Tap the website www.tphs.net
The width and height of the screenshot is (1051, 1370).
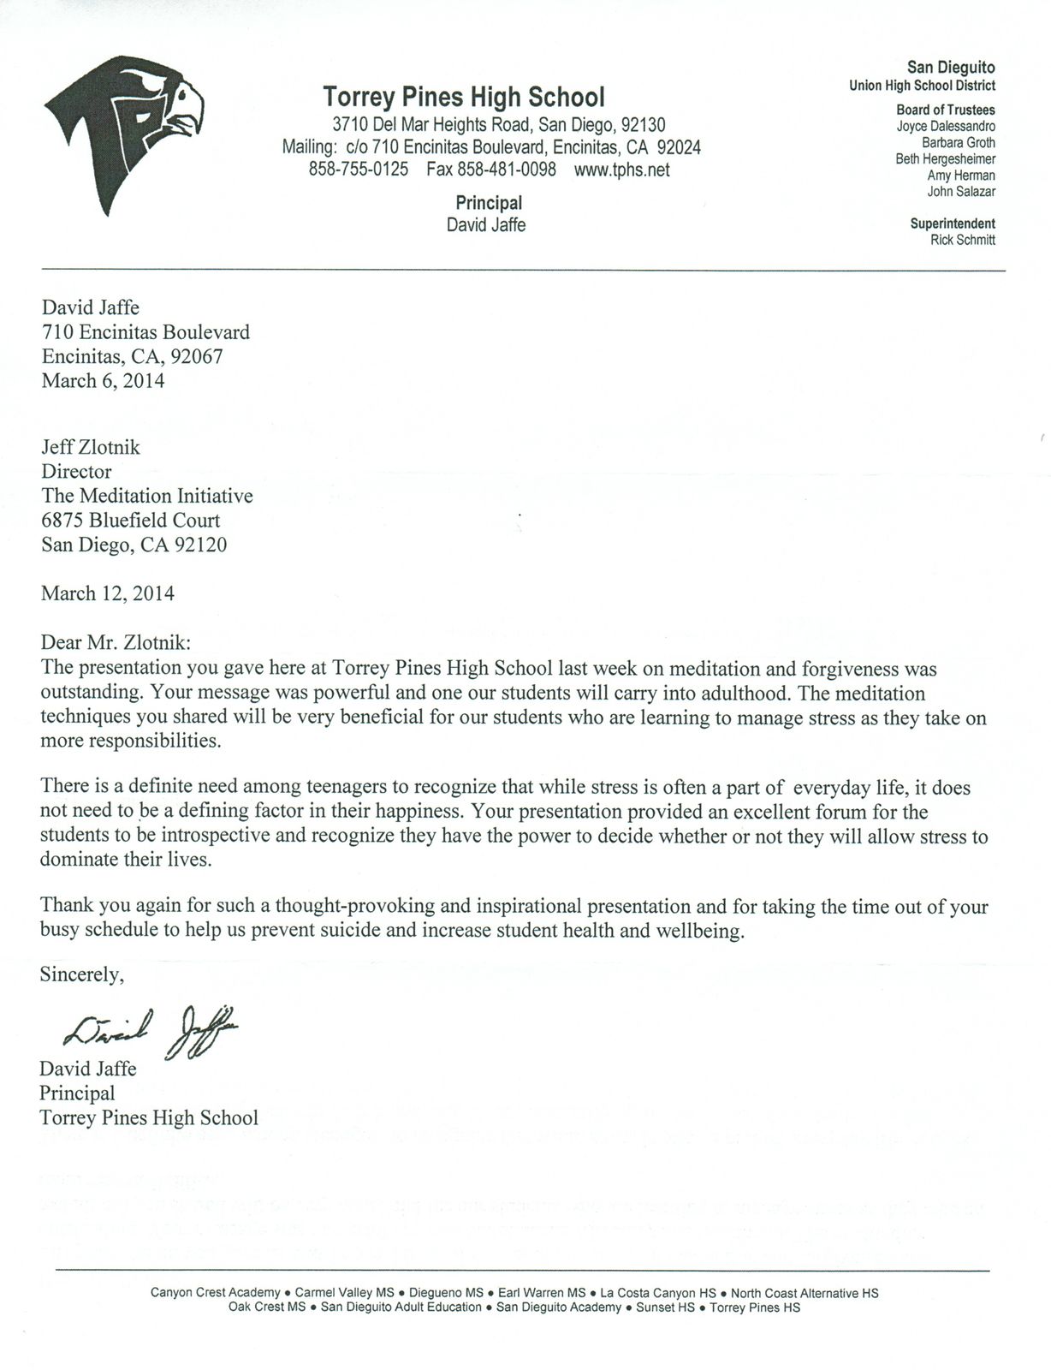(x=621, y=170)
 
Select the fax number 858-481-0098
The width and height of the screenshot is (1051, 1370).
(x=491, y=170)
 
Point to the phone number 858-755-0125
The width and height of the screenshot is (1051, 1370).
(x=358, y=170)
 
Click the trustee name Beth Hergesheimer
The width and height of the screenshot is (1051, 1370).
(x=945, y=159)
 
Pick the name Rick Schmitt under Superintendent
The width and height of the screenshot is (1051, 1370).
(x=962, y=241)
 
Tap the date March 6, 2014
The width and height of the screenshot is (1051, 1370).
(x=103, y=381)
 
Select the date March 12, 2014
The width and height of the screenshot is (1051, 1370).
(x=108, y=593)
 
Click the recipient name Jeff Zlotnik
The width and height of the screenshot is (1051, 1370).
(x=91, y=447)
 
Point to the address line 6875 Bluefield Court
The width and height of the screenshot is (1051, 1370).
(x=130, y=521)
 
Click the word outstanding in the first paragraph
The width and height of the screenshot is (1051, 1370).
(x=91, y=692)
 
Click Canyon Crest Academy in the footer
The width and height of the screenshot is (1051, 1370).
(x=215, y=1293)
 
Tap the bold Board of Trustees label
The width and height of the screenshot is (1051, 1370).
(x=945, y=110)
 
